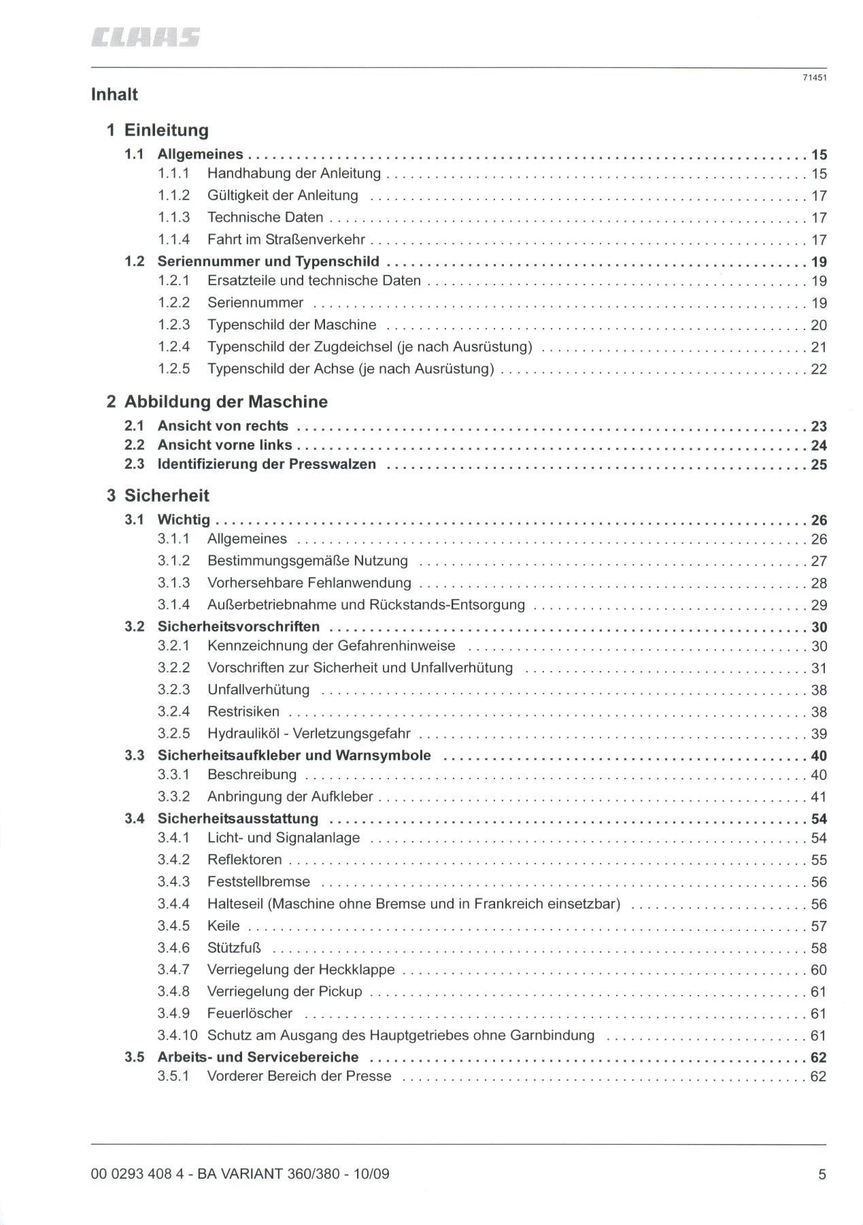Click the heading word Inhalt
click(x=114, y=95)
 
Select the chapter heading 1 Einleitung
click(x=158, y=130)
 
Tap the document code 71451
click(x=814, y=78)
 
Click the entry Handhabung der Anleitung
click(x=294, y=174)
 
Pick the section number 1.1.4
click(x=173, y=240)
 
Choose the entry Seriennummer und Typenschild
click(x=268, y=261)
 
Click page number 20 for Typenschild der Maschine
click(x=818, y=325)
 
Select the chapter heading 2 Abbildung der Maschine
click(x=217, y=402)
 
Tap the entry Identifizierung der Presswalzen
click(x=267, y=465)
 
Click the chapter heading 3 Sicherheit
click(x=158, y=495)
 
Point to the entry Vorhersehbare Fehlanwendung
click(x=309, y=583)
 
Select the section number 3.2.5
click(x=173, y=734)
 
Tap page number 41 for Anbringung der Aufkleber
click(x=818, y=797)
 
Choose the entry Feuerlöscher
click(x=250, y=1013)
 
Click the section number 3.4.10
click(x=177, y=1036)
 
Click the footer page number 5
click(x=822, y=1174)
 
